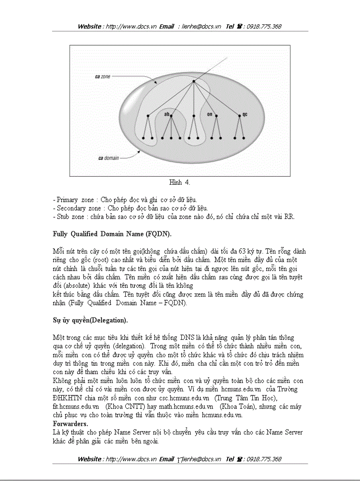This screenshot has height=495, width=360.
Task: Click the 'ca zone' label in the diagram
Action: click(x=103, y=76)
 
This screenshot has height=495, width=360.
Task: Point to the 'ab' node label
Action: click(x=167, y=114)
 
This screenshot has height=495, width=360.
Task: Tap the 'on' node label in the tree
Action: click(x=210, y=114)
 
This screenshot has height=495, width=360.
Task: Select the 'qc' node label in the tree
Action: click(x=245, y=114)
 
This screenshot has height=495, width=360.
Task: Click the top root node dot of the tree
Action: click(x=193, y=81)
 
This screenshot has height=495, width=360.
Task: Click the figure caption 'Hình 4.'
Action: click(x=180, y=182)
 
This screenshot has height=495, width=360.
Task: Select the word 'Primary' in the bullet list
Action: click(x=67, y=200)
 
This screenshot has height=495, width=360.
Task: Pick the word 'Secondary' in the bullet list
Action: click(x=71, y=208)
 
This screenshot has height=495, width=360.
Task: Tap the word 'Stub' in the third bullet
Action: click(x=63, y=216)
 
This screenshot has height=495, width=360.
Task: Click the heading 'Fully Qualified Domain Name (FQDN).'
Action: click(x=112, y=234)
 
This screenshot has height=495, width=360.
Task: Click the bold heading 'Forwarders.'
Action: click(x=70, y=423)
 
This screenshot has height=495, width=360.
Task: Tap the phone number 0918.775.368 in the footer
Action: click(x=264, y=459)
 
